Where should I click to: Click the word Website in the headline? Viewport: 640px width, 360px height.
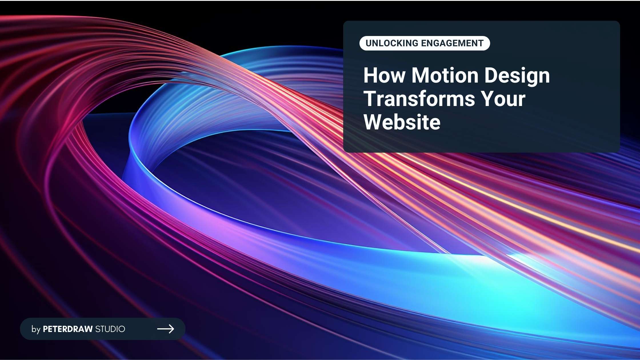pos(402,122)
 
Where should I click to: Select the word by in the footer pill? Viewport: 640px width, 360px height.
pos(36,329)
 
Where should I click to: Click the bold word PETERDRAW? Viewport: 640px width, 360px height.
pos(68,329)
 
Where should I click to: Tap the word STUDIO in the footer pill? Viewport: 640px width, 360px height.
pos(110,329)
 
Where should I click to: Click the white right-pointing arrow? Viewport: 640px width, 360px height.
pos(166,329)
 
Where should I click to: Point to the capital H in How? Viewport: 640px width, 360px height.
pos(371,75)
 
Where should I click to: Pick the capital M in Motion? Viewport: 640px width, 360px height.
pos(421,75)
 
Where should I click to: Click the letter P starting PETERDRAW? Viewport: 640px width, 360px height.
pos(45,329)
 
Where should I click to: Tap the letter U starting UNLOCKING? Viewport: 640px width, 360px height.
pos(369,43)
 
